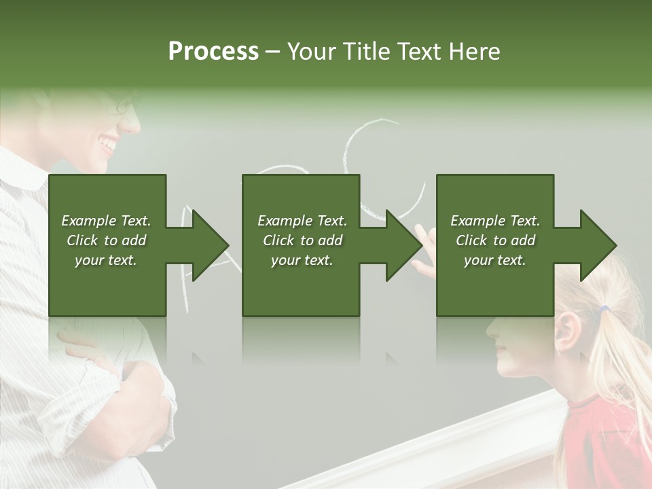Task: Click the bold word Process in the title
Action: coord(213,52)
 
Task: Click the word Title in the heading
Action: coord(365,52)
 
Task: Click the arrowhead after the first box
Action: coord(206,245)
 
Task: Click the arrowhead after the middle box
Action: coord(401,245)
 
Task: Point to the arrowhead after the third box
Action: coord(595,245)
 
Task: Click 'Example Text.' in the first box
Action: coord(106,221)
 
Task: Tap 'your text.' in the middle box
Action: coord(302,260)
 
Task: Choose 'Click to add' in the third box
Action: coord(495,240)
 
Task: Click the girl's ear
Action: coord(569,333)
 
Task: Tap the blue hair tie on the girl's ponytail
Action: coord(603,310)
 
